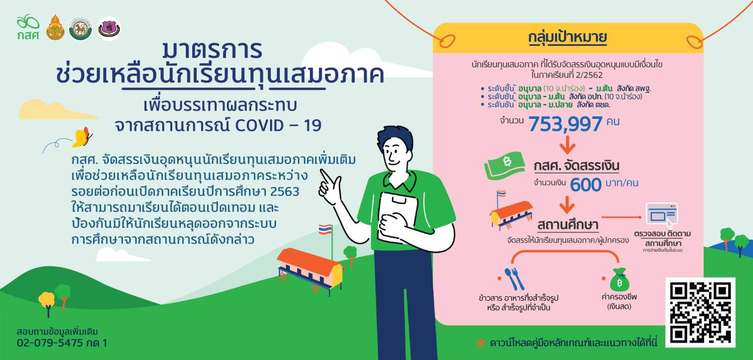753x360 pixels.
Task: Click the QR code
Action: [x=700, y=312]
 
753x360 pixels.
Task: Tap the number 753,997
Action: [x=565, y=124]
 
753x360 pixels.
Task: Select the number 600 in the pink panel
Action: [x=586, y=185]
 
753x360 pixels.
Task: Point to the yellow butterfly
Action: [x=82, y=137]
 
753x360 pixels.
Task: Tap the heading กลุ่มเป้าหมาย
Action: [x=567, y=37]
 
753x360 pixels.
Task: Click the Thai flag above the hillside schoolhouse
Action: [x=325, y=228]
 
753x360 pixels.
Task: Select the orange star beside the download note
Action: [x=481, y=343]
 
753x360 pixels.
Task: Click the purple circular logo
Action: [x=110, y=29]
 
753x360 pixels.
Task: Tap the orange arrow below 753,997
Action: [x=567, y=144]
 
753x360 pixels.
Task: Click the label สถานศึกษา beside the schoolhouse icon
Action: [x=567, y=225]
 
